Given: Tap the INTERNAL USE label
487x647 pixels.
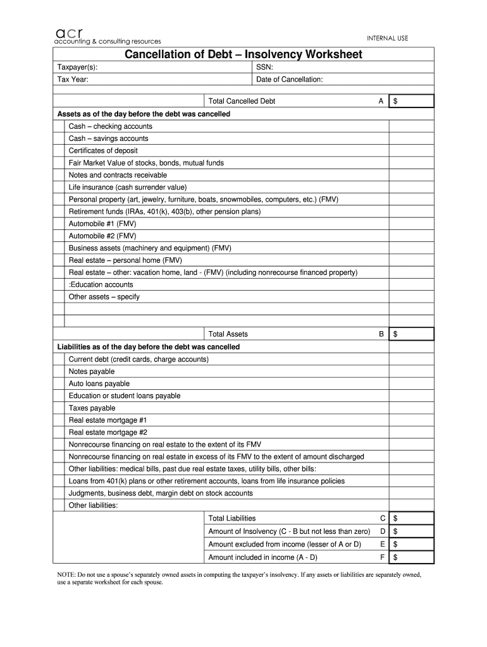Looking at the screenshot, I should pyautogui.click(x=388, y=39).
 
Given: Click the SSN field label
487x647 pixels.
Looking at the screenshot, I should pyautogui.click(x=264, y=68).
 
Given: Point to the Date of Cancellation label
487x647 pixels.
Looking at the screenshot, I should pyautogui.click(x=289, y=80).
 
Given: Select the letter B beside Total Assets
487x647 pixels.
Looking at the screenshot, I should pyautogui.click(x=381, y=334).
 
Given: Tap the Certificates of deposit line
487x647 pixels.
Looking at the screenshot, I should pyautogui.click(x=103, y=150).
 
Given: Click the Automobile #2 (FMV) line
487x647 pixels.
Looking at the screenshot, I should pyautogui.click(x=102, y=236).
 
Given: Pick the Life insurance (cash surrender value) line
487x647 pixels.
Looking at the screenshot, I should pyautogui.click(x=128, y=187).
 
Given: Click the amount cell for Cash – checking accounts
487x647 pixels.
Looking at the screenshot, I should pyautogui.click(x=410, y=126).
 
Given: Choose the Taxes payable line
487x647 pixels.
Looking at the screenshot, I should pyautogui.click(x=92, y=408).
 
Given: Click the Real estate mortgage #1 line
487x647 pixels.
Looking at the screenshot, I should pyautogui.click(x=108, y=420).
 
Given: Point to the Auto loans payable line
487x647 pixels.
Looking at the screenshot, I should pyautogui.click(x=99, y=384).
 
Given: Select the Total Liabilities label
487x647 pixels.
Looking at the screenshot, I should pyautogui.click(x=232, y=518).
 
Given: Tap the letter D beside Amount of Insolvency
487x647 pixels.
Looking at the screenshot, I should pyautogui.click(x=382, y=531).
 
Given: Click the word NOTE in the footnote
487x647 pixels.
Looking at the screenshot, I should pyautogui.click(x=66, y=575).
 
